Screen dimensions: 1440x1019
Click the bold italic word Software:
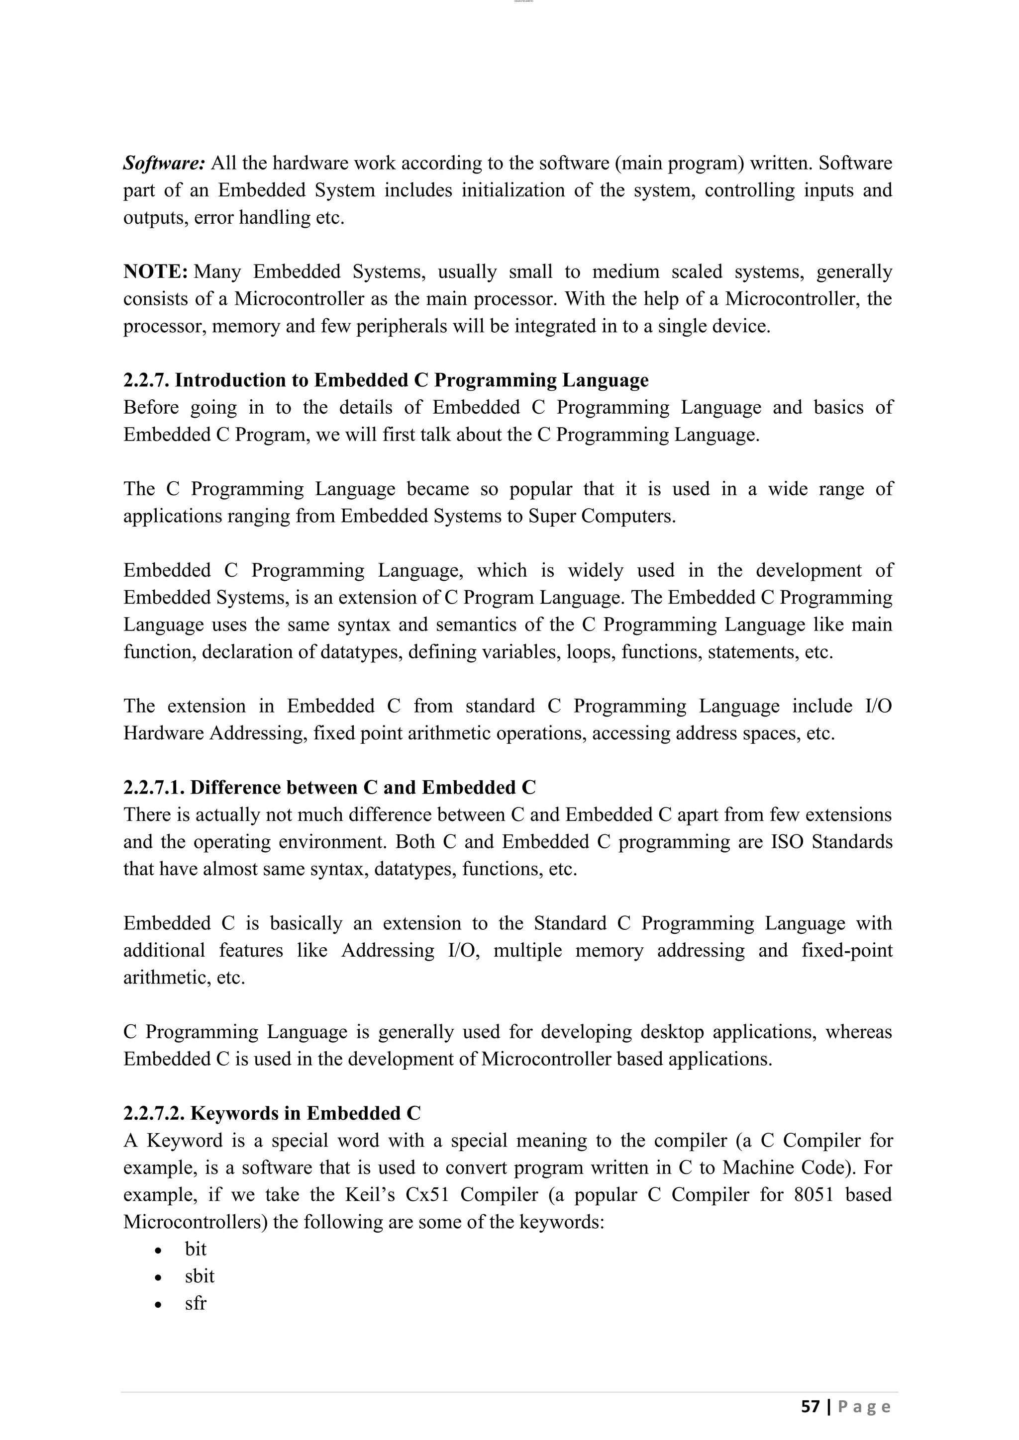pyautogui.click(x=164, y=163)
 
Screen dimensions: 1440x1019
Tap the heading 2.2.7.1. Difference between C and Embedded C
pyautogui.click(x=329, y=787)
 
